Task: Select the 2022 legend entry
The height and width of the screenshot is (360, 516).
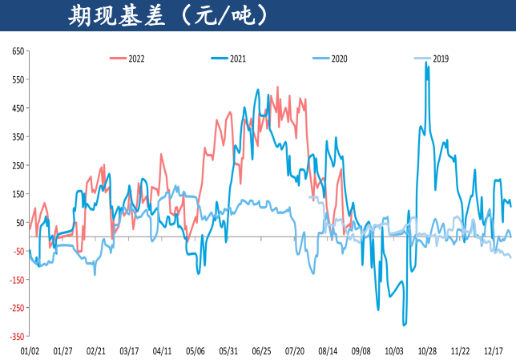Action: (135, 59)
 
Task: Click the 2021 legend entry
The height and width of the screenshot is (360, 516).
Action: (237, 59)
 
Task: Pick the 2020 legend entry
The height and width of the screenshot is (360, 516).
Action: (338, 59)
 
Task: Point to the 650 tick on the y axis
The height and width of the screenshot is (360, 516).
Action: (17, 51)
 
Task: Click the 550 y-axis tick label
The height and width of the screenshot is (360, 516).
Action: (17, 80)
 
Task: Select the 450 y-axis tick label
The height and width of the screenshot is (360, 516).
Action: (17, 109)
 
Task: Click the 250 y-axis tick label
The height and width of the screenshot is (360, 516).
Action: (17, 166)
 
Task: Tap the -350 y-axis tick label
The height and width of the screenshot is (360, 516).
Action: (15, 337)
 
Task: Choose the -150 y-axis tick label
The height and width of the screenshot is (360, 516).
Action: (15, 280)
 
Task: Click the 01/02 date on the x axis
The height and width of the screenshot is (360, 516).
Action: (30, 350)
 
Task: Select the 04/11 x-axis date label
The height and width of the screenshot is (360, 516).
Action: (162, 350)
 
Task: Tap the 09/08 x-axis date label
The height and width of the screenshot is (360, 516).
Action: (361, 350)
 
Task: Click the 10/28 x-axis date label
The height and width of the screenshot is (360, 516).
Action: (427, 350)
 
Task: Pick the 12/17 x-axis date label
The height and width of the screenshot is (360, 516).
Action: (494, 350)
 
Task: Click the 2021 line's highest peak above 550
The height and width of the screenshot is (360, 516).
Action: (425, 63)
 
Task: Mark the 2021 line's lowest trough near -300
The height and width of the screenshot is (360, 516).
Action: (404, 325)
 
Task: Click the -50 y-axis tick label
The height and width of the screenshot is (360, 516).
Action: (17, 252)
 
